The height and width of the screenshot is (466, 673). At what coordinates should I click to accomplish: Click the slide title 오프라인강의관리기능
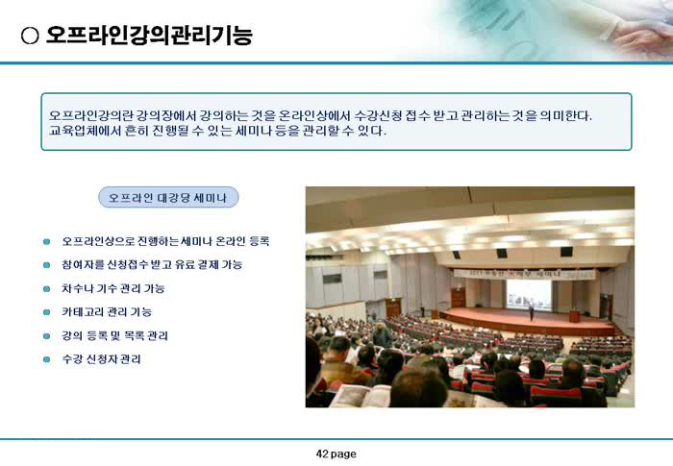pos(148,36)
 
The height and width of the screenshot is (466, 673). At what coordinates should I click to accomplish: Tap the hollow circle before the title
pos(30,36)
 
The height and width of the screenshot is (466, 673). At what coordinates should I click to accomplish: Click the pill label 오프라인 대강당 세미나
pos(168,197)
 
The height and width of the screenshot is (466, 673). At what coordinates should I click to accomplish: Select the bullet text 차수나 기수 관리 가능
pos(112,288)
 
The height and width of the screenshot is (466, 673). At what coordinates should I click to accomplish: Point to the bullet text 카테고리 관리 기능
pos(107,312)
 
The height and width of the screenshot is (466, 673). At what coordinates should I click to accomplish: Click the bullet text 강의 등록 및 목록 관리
pos(114,335)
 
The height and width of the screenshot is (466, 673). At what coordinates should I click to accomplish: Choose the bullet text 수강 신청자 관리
pos(101,359)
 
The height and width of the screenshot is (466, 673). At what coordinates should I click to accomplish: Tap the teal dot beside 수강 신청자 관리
pos(46,359)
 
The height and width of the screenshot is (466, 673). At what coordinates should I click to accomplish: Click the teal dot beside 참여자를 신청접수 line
pos(46,265)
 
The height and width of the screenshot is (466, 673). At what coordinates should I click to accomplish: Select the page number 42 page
pos(336,454)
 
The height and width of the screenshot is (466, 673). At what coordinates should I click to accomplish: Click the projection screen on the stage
pos(529,295)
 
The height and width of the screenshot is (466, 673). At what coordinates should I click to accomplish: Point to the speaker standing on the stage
pos(532,312)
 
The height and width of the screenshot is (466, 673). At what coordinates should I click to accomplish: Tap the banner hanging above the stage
pos(525,273)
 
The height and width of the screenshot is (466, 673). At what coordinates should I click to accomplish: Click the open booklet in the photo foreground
pos(361,396)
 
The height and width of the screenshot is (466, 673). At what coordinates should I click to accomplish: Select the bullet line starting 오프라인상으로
pos(165,241)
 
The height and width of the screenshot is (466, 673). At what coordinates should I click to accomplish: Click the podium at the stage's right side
pos(574,316)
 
